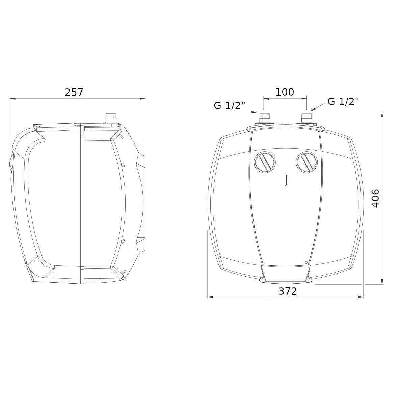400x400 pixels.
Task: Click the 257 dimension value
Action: point(74,92)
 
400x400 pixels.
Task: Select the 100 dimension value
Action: point(285,92)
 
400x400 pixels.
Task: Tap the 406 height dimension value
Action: point(375,198)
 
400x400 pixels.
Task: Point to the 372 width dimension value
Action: point(288,291)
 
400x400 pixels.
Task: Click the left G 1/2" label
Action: point(230,105)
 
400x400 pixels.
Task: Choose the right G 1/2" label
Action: point(343,102)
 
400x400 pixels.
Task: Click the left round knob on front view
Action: point(265,162)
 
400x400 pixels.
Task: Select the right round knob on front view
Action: point(307,162)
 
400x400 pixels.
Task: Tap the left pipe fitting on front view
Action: point(264,119)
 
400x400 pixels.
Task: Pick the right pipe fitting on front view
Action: point(306,119)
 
